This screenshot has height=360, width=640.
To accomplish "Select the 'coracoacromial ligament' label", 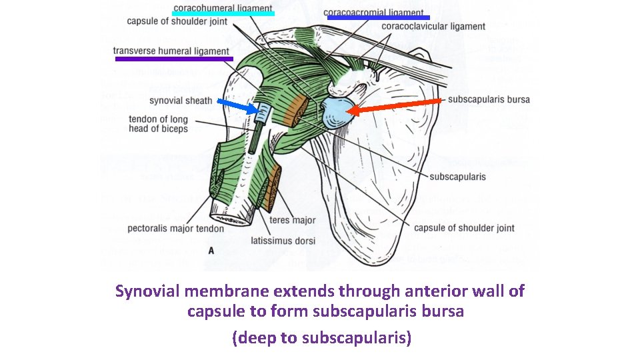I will pyautogui.click(x=373, y=12).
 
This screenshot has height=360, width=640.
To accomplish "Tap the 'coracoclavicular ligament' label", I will pyautogui.click(x=434, y=27).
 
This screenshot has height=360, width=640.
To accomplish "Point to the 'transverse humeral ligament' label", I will pyautogui.click(x=171, y=51).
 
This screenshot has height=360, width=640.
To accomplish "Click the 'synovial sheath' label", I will pyautogui.click(x=181, y=101).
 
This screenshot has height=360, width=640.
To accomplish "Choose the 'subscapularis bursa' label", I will pyautogui.click(x=489, y=100).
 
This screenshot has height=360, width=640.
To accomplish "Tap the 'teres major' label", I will pyautogui.click(x=293, y=221).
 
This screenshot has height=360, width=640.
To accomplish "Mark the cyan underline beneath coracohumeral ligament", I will pyautogui.click(x=223, y=13).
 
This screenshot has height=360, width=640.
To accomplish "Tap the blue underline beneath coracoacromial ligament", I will pyautogui.click(x=378, y=18).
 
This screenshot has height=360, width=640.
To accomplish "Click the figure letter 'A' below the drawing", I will pyautogui.click(x=211, y=251).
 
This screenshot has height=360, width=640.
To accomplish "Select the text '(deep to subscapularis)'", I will pyautogui.click(x=321, y=338).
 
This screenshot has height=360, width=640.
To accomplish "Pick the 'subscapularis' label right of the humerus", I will pyautogui.click(x=457, y=177).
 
